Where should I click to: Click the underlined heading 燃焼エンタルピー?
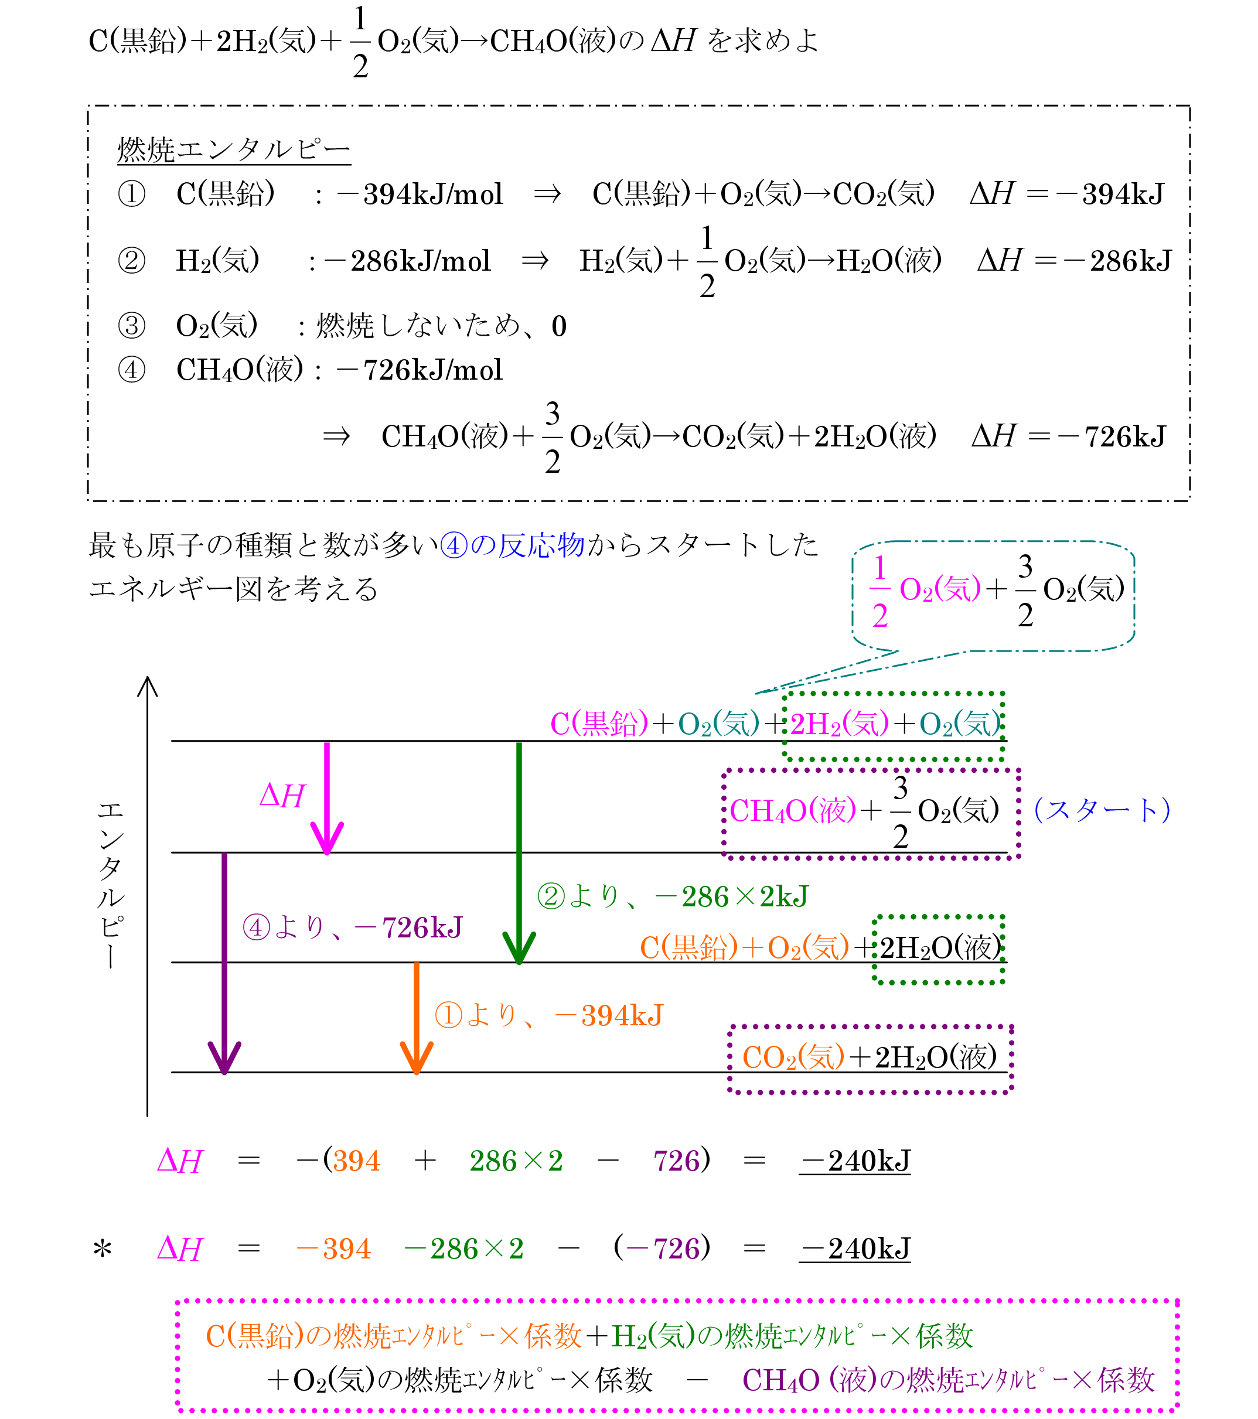[x=233, y=149]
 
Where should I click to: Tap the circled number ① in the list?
[x=132, y=194]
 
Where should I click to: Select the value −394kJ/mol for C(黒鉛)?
[x=420, y=195]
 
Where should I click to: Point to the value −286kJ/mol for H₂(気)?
[x=407, y=261]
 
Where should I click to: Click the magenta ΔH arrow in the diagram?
[x=327, y=799]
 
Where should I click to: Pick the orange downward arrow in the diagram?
[x=417, y=1018]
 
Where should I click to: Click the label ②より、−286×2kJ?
[x=673, y=897]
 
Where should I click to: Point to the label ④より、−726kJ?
[x=352, y=927]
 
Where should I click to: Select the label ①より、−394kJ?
[x=548, y=1016]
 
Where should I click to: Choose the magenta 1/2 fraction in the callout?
[x=879, y=591]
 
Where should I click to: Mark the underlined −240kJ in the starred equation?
[x=855, y=1249]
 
